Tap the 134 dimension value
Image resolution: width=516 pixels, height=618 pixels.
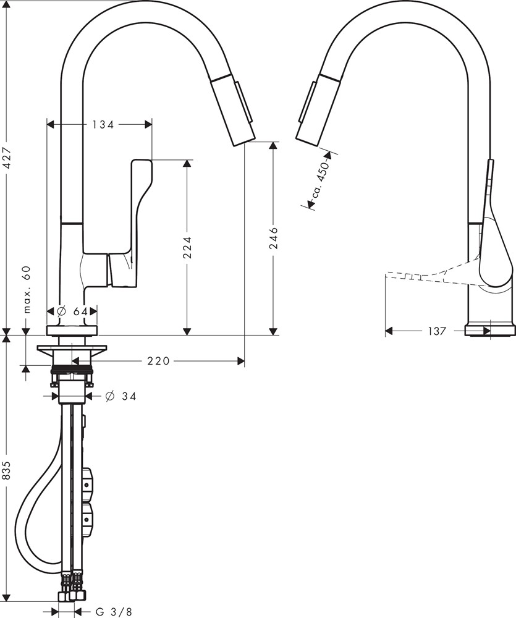103,124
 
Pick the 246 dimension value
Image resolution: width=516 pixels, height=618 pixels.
274,238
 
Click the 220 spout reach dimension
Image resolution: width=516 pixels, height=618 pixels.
158,361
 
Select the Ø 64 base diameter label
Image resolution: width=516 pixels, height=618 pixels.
72,311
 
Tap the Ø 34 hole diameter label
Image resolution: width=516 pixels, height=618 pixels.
121,396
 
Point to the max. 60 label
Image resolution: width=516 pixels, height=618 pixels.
27,290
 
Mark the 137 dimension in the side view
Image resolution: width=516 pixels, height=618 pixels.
436,331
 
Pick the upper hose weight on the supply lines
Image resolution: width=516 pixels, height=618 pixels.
88,483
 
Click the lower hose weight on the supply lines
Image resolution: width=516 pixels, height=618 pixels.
88,518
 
